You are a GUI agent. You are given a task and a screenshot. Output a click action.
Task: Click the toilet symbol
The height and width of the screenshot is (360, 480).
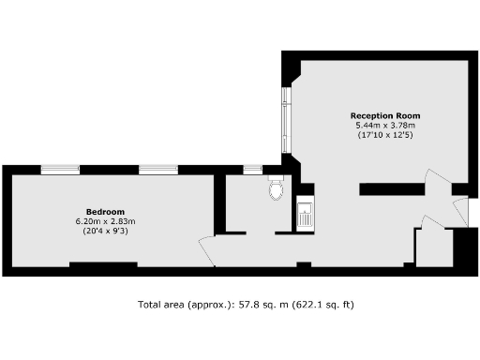(x=276, y=190)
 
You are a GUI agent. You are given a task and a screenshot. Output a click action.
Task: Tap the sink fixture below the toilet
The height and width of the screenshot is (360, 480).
(x=305, y=215)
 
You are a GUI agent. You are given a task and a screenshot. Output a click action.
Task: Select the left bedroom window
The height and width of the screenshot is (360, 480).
(x=59, y=170)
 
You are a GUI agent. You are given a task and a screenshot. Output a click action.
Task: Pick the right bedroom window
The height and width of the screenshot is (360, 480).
(x=158, y=170)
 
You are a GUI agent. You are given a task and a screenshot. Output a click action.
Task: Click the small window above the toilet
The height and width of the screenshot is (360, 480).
(x=252, y=170)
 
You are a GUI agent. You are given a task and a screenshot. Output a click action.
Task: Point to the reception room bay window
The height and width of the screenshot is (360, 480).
(x=285, y=120)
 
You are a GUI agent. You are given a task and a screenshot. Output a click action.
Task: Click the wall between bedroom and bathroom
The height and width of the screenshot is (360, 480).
(x=219, y=202)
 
